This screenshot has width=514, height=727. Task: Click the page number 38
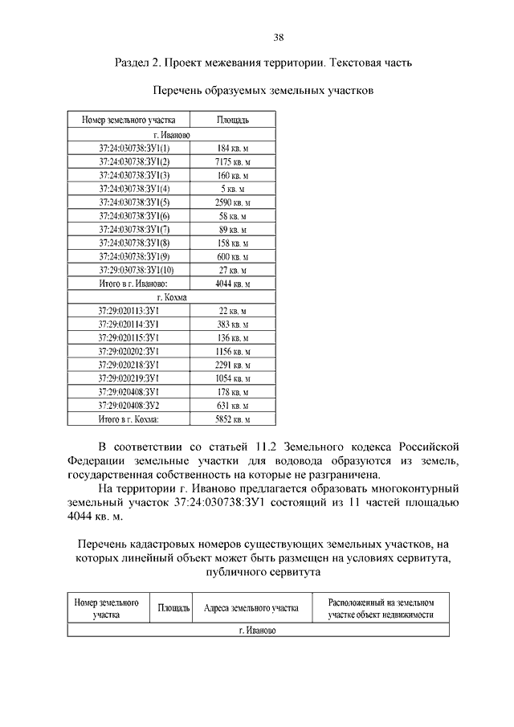(x=278, y=37)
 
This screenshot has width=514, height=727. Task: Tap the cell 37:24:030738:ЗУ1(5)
(x=134, y=202)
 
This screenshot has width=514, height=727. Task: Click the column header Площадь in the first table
(x=233, y=120)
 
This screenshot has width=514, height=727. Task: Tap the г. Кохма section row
(x=172, y=297)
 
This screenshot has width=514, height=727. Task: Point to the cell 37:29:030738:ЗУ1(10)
(x=134, y=270)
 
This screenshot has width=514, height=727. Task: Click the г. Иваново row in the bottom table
(x=257, y=631)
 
